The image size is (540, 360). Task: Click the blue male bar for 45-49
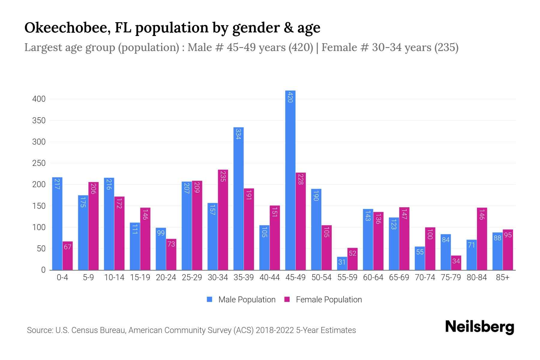[290, 180]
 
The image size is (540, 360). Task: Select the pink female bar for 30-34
[223, 220]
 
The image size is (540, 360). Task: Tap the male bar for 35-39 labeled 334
[238, 199]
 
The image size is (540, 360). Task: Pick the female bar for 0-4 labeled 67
[67, 256]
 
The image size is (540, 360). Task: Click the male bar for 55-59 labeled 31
[342, 263]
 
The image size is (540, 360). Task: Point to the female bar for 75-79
[456, 263]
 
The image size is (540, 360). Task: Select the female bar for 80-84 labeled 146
[482, 239]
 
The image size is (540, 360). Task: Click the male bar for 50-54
[316, 229]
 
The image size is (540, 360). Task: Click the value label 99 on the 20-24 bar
[161, 233]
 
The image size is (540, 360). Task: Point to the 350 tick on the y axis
[39, 121]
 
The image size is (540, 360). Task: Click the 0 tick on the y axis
[43, 270]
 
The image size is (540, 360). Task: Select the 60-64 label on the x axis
[373, 277]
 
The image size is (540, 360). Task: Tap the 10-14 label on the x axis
[114, 277]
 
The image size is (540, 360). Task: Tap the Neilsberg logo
[479, 327]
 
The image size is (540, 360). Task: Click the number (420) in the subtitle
[301, 47]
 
